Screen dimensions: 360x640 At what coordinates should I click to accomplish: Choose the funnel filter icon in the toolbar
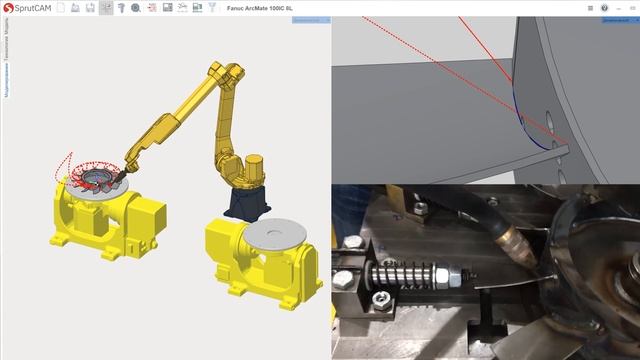(x=212, y=8)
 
